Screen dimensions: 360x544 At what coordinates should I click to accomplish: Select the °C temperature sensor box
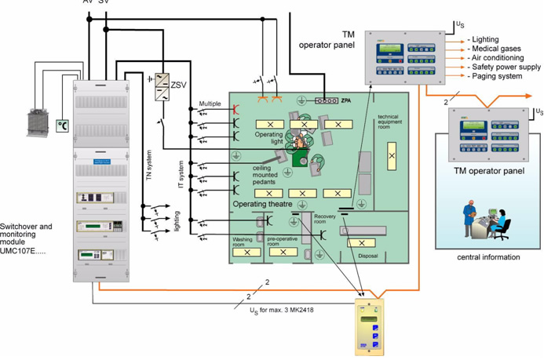point(62,125)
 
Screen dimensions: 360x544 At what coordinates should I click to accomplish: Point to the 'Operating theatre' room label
point(265,204)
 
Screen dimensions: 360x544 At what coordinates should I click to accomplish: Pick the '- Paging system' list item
point(495,76)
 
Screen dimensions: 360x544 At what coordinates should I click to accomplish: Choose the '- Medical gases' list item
point(494,49)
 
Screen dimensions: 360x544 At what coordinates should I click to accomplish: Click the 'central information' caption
point(489,256)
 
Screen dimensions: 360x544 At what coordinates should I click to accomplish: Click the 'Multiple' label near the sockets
point(210,104)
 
